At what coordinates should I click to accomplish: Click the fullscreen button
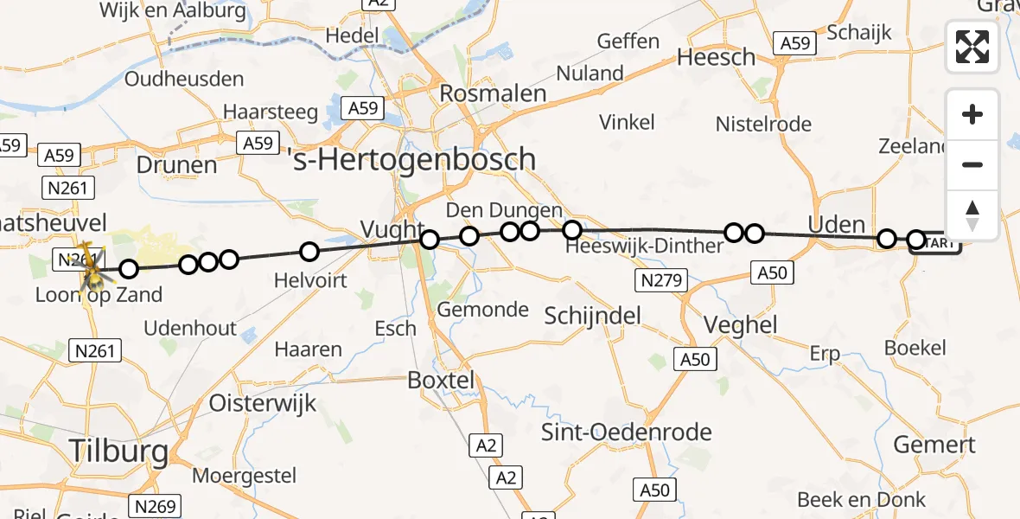tap(972, 47)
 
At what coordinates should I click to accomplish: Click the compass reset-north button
tap(972, 216)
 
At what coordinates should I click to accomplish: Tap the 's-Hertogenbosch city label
tap(414, 160)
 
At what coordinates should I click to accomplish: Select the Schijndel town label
tap(593, 316)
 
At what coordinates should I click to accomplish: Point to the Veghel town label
tap(728, 326)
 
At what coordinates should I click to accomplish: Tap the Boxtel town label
tap(443, 381)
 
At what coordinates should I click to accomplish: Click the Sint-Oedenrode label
tap(627, 432)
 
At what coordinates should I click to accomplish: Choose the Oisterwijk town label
tap(263, 403)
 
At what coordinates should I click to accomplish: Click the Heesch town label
tap(716, 58)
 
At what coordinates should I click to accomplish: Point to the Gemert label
tap(934, 445)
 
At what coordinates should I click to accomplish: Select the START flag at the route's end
tap(938, 243)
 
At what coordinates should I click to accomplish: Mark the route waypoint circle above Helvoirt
tap(309, 253)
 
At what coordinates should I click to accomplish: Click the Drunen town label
tap(176, 165)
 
